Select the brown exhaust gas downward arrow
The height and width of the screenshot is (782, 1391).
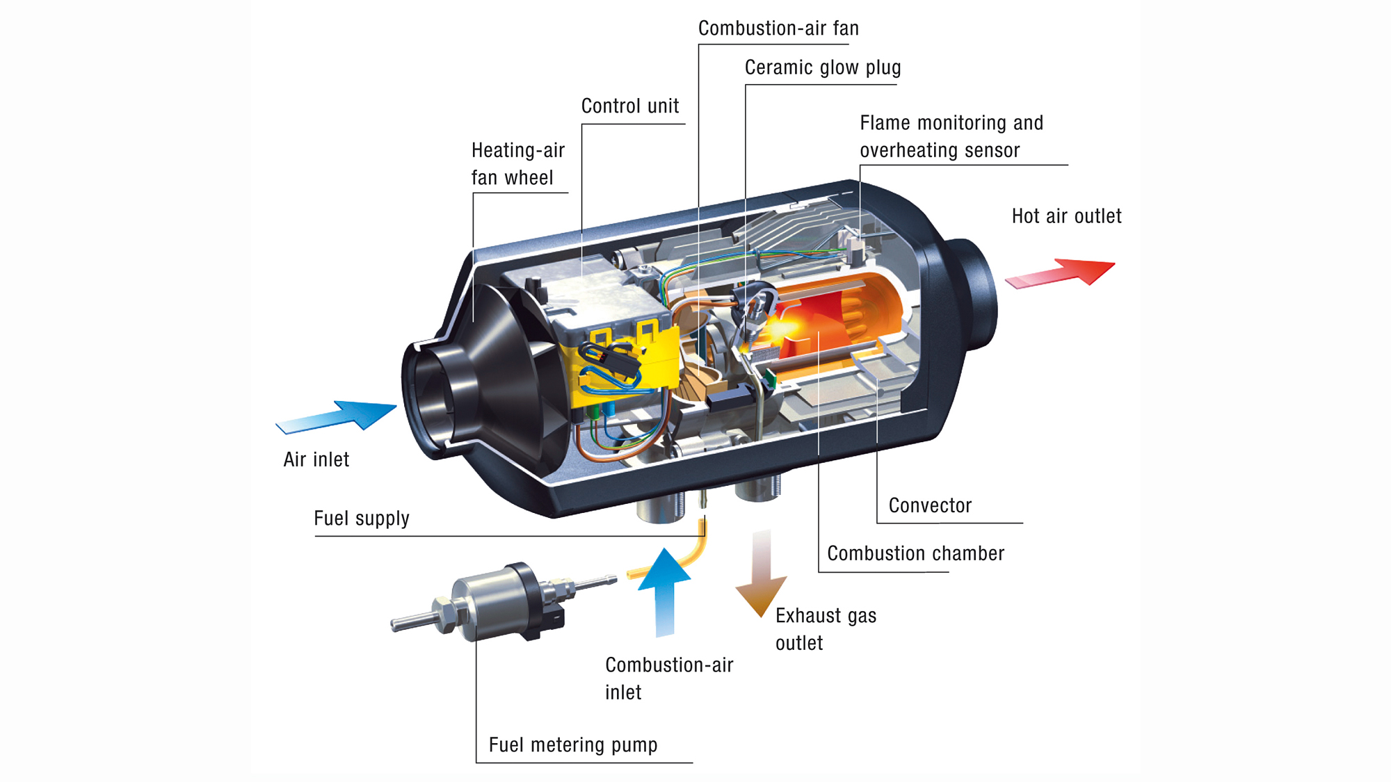click(x=762, y=577)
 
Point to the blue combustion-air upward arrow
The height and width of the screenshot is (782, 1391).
click(x=665, y=591)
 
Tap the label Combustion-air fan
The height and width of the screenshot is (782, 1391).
click(x=778, y=28)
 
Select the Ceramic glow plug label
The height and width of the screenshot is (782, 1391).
click(x=823, y=67)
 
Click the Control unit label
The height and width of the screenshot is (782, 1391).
click(x=630, y=106)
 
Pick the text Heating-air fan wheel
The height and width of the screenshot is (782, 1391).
click(x=517, y=164)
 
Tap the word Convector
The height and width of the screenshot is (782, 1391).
click(x=930, y=505)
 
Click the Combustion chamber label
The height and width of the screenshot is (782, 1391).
click(x=915, y=553)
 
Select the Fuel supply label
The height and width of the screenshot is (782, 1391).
click(x=362, y=519)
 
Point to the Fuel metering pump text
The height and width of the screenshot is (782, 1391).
click(x=573, y=745)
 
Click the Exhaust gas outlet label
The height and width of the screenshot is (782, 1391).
click(x=825, y=629)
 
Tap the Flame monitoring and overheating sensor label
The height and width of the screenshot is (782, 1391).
click(x=951, y=137)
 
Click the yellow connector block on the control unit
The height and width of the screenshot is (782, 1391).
click(x=626, y=365)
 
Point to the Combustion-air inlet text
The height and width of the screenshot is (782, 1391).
click(x=668, y=678)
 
